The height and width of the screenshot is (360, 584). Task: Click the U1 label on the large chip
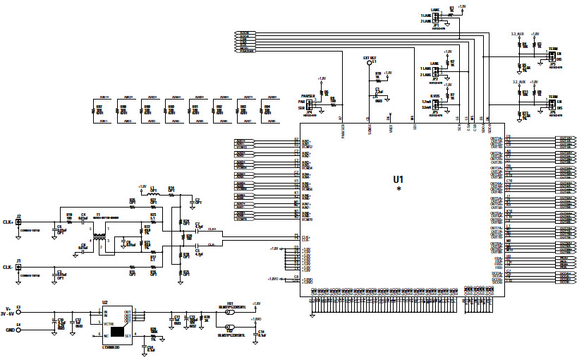[399, 180]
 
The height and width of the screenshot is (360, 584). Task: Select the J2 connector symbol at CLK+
[19, 222]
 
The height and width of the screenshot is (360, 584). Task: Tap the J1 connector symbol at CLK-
[19, 267]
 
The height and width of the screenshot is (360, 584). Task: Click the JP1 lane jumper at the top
[435, 18]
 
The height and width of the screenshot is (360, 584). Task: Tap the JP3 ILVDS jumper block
[435, 105]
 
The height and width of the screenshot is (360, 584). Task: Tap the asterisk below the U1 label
[399, 190]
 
